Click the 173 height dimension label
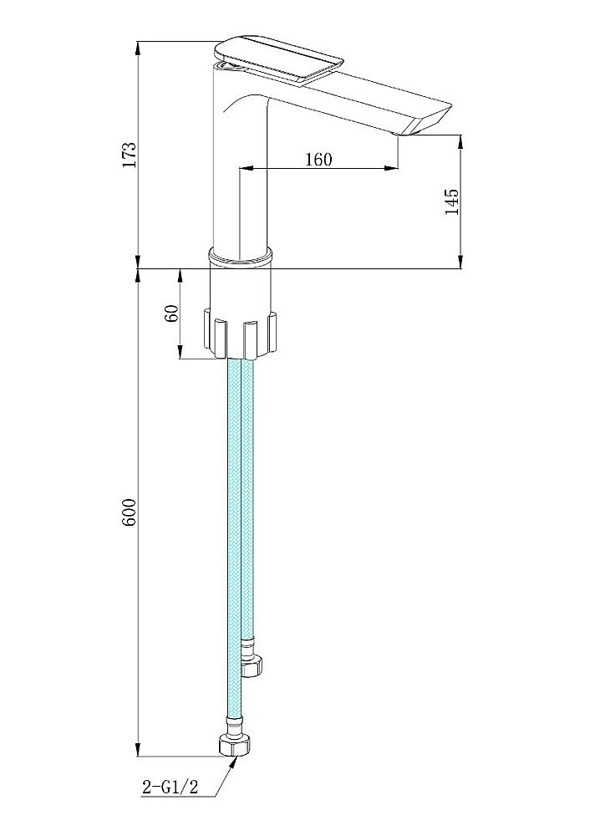coord(130,155)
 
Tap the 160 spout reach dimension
coord(318,159)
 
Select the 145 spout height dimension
coord(451,201)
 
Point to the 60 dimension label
coord(171,314)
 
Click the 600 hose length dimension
coord(130,513)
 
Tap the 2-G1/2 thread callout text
coord(170,787)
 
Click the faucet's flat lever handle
coord(279,59)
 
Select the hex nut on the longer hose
coord(235,744)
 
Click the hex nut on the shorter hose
coord(252,666)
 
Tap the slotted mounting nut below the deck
coord(241,334)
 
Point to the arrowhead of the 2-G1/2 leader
coord(233,762)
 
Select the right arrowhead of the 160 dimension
coord(392,169)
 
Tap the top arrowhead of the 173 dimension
coord(138,48)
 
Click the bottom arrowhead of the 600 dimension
coord(138,748)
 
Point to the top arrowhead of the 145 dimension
coord(460,142)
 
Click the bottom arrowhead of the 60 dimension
coord(181,351)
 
